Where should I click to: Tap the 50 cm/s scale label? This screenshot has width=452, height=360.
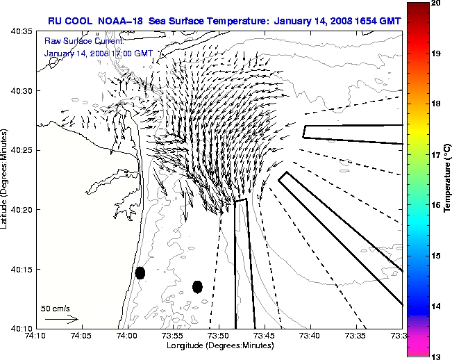tap(55, 308)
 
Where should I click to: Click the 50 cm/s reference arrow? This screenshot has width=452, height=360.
tap(61, 319)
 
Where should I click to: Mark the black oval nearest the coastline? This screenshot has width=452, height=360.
tap(140, 273)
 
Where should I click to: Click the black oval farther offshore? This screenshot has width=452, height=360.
tap(197, 286)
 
